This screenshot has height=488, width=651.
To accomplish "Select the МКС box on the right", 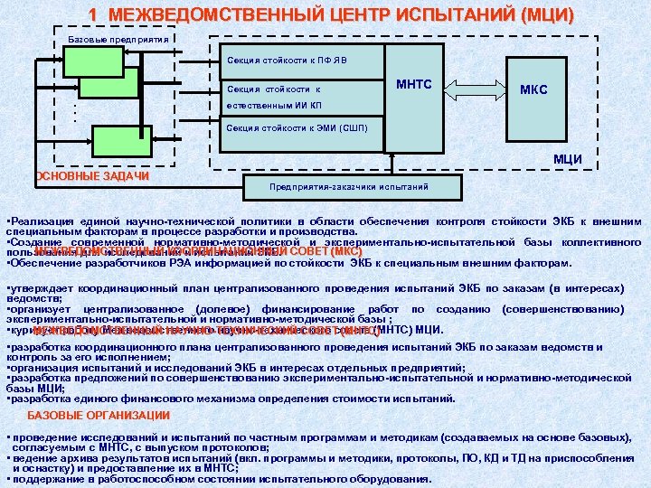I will click(x=539, y=90).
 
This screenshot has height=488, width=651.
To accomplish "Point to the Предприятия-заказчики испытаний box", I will click(x=336, y=188).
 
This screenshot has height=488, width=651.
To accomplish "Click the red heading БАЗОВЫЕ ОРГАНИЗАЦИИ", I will click(x=99, y=416).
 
